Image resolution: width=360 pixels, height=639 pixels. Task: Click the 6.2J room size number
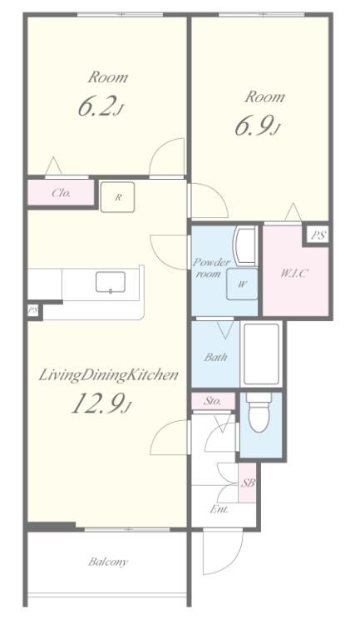pos(100,106)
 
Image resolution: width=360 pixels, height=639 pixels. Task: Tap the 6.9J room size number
pos(258,126)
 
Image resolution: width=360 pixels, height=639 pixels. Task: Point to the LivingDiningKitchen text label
pos(108,374)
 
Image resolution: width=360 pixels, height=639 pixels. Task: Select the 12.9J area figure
pos(101,404)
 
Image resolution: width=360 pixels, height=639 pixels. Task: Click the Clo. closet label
pos(62,193)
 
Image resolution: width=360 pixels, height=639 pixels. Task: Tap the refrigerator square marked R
pos(117,197)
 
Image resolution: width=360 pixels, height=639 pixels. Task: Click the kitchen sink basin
pos(111,282)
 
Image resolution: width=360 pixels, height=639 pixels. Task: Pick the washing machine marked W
pos(242,284)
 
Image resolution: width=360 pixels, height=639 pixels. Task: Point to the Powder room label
pos(210,268)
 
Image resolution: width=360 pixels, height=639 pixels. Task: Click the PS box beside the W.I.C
pos(318,235)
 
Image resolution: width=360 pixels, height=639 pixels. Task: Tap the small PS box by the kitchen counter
pos(32,311)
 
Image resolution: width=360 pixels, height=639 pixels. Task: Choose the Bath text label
pos(215,358)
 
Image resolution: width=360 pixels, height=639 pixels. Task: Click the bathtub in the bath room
pos(262,354)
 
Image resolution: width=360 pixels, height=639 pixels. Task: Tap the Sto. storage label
pos(213,401)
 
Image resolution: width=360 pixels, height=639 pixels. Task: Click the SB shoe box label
pos(248,483)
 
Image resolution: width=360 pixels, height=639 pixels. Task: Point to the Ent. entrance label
pos(219,509)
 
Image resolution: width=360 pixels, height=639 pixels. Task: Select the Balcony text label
pos(108,562)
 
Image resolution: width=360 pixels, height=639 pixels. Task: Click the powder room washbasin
pos(244,245)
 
